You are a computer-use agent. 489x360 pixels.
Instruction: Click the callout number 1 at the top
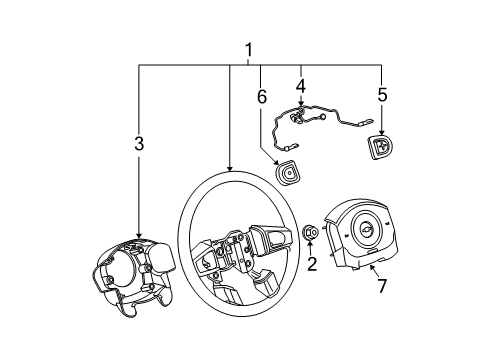click(249, 50)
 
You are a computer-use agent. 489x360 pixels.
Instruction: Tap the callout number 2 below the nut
click(312, 264)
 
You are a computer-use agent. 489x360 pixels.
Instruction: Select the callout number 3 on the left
click(139, 146)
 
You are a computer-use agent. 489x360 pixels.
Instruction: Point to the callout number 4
click(300, 86)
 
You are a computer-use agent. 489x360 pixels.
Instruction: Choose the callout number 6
click(261, 97)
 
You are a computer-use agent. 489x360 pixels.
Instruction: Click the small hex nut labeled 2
click(311, 233)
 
